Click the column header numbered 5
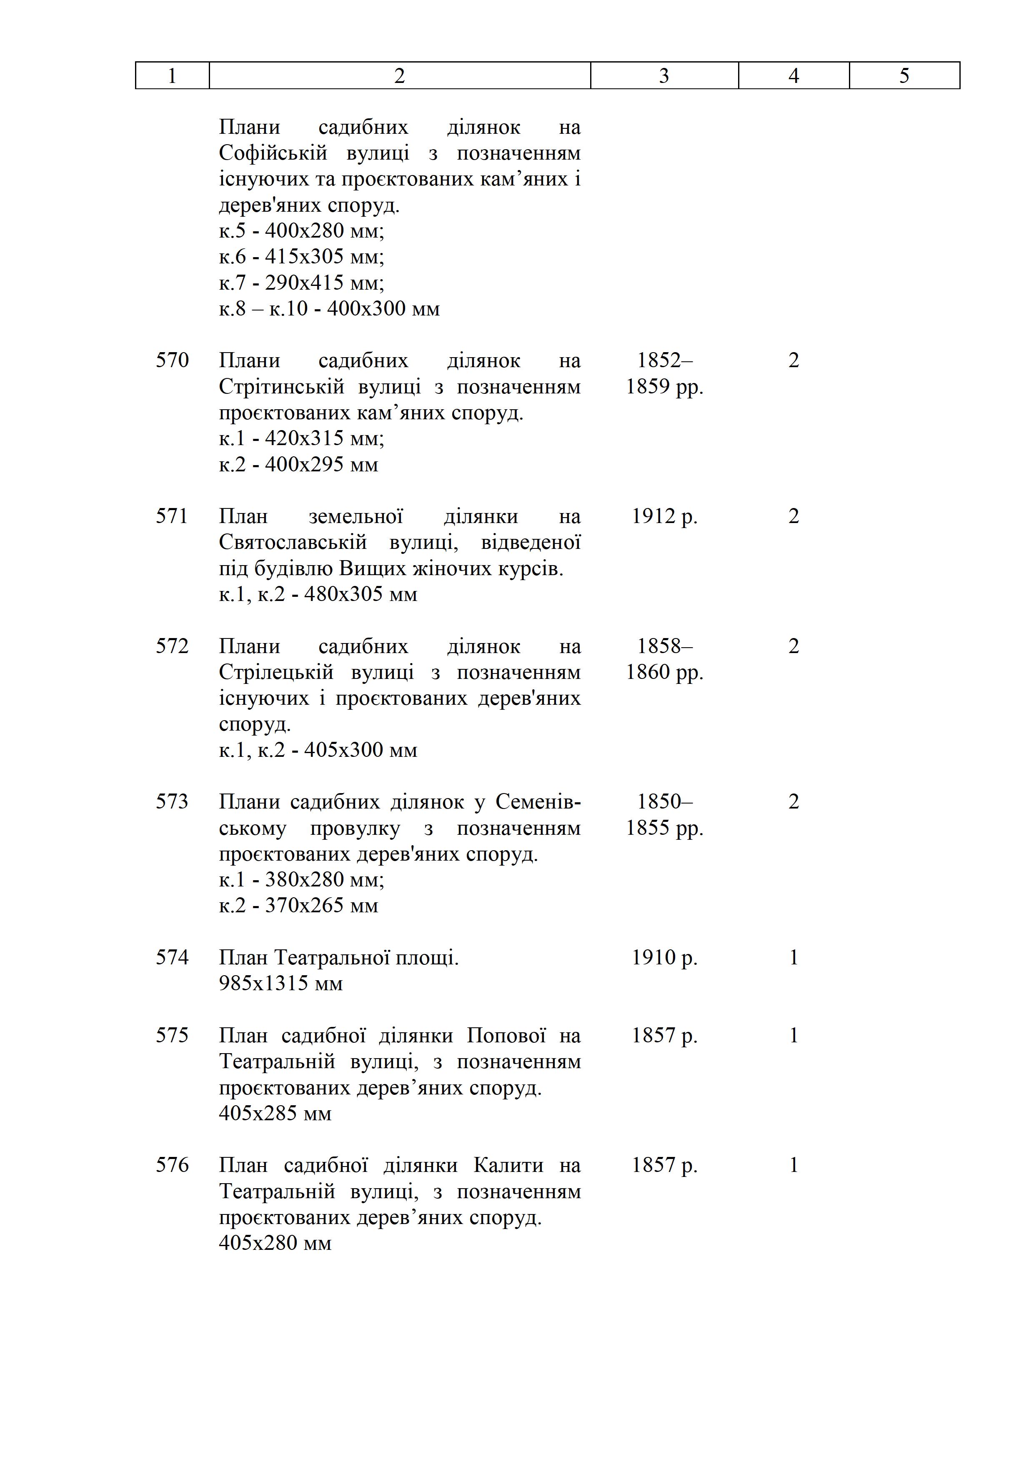click(x=904, y=76)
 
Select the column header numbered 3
click(x=663, y=76)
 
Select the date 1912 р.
click(x=664, y=516)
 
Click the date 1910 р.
click(x=664, y=957)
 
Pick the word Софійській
click(x=273, y=153)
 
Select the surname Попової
click(x=506, y=1035)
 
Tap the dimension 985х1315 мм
click(x=281, y=983)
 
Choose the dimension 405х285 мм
click(x=275, y=1113)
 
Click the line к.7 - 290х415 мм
click(x=301, y=282)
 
